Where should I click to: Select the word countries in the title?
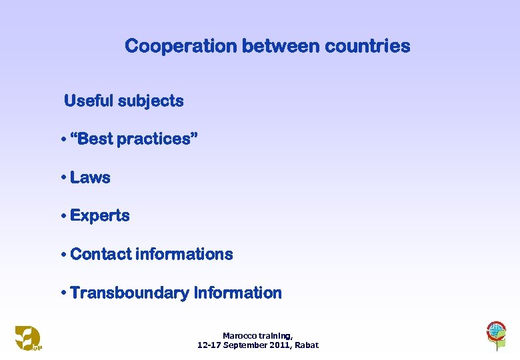pos(369,46)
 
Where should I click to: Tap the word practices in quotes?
pos(155,140)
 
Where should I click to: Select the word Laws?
pos(90,178)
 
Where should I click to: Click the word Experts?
pos(100,216)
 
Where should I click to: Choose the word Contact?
pos(100,254)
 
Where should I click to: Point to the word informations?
pos(184,254)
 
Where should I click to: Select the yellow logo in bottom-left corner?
pos(28,337)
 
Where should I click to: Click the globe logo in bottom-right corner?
pos(495,333)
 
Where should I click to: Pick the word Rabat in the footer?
pos(306,345)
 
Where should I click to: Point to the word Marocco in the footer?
pos(239,336)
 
